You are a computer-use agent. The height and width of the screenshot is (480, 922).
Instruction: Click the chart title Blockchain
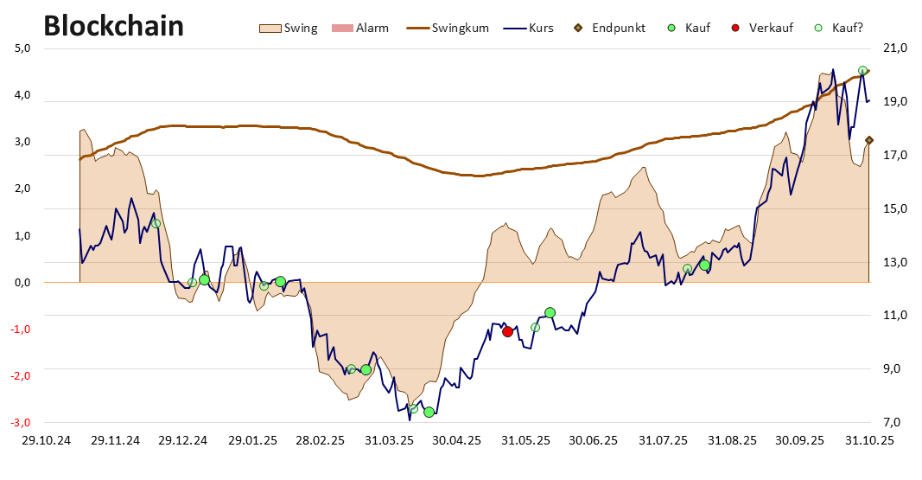[x=113, y=26]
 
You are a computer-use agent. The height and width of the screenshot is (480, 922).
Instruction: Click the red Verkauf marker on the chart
[x=507, y=331]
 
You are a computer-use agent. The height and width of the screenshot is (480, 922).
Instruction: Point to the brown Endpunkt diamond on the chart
[x=869, y=140]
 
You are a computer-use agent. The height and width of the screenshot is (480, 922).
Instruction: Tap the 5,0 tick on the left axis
[x=23, y=48]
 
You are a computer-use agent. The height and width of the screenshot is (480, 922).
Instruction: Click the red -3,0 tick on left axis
[x=22, y=422]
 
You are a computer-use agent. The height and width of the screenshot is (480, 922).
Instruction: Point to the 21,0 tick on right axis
[x=893, y=48]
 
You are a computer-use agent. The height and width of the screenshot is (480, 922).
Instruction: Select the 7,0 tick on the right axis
[x=893, y=422]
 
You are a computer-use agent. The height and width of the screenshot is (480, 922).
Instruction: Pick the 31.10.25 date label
[x=868, y=440]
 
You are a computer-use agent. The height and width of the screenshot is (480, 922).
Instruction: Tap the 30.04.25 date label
[x=457, y=440]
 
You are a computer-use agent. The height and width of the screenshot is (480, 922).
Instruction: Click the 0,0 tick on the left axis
[x=23, y=282]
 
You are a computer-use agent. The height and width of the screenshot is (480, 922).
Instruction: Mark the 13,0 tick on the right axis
[x=893, y=262]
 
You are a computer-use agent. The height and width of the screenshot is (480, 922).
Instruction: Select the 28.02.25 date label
[x=321, y=440]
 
